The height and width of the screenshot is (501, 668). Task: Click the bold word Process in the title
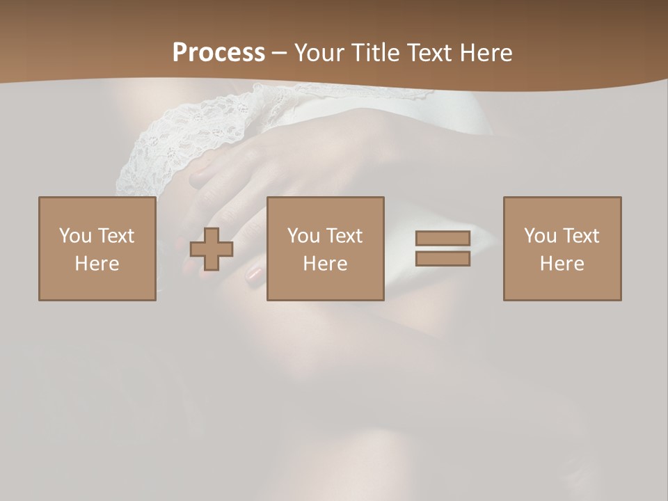click(218, 53)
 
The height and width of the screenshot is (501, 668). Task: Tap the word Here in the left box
click(97, 264)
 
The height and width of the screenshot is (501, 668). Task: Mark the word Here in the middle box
click(325, 264)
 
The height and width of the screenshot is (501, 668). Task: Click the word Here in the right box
click(562, 264)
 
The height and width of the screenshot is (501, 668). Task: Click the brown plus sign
click(212, 249)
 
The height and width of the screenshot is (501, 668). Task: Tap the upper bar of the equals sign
click(443, 238)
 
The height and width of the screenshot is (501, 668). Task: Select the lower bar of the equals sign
click(443, 259)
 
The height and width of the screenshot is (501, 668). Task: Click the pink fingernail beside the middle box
click(255, 273)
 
